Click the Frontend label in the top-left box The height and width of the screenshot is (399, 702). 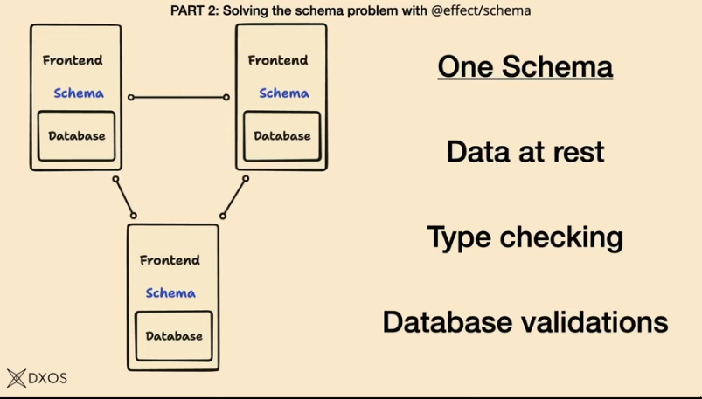coord(73,60)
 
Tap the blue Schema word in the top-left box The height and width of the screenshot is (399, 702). coord(78,93)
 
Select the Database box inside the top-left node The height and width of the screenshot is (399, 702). coord(76,136)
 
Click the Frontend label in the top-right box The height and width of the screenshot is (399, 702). coord(278,60)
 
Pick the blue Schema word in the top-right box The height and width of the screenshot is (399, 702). coord(283,93)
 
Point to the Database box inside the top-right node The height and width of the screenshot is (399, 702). coord(281,136)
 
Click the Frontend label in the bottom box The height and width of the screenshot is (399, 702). coord(170,260)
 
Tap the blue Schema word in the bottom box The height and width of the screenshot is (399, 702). coord(170,292)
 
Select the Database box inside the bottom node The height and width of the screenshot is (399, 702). coord(173,336)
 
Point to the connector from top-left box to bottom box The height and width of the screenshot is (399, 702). coord(124,196)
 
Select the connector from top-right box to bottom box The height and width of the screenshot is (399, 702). coord(234,196)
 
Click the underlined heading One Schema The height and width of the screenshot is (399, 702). coord(525,67)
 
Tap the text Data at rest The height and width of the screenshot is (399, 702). coord(525,152)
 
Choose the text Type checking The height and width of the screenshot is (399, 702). coord(525,237)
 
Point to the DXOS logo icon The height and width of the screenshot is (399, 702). coord(17,378)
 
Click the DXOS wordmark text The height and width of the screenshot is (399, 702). coord(48,378)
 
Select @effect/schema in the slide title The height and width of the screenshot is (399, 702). coord(481,10)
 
